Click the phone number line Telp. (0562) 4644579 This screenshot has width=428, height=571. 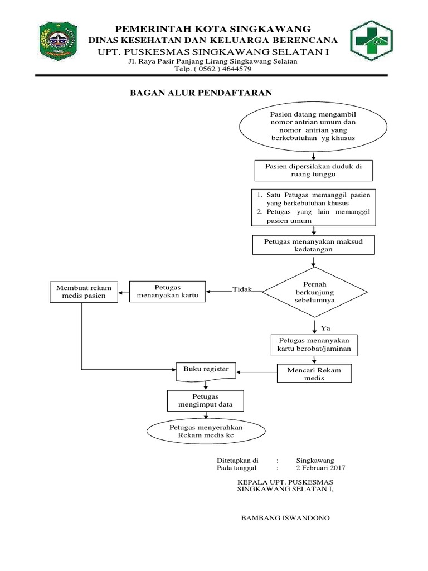(x=213, y=69)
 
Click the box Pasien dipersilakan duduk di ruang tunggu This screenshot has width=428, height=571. (x=313, y=170)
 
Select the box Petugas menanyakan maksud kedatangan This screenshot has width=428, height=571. (x=313, y=245)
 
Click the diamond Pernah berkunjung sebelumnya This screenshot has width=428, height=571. (x=314, y=292)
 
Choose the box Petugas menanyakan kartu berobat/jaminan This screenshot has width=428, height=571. (x=314, y=345)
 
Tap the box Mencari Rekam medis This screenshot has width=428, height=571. (x=314, y=374)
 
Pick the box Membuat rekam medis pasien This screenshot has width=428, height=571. (x=84, y=292)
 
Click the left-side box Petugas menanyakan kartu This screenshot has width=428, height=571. (x=167, y=292)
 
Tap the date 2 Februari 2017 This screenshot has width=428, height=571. (x=321, y=469)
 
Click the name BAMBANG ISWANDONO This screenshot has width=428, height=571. (x=285, y=518)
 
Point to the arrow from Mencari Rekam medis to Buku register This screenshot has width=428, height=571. (x=257, y=372)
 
